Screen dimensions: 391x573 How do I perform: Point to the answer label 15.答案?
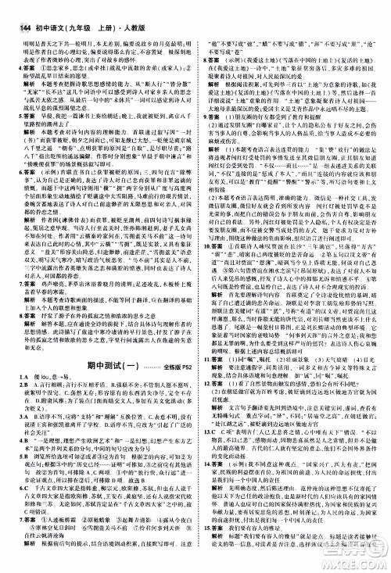pyautogui.click(x=213, y=528)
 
